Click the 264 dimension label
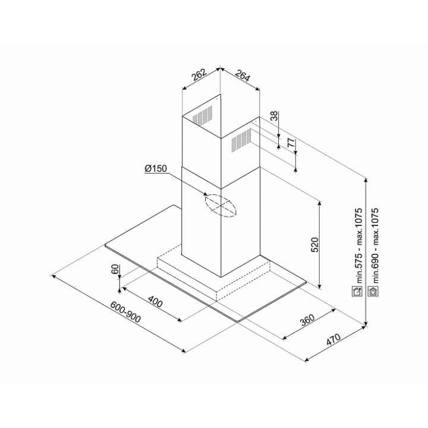(243, 75)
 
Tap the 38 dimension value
(274, 116)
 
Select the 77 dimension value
(291, 143)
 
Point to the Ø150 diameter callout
(156, 168)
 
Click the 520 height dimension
(314, 245)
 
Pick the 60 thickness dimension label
(115, 269)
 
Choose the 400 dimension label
(155, 301)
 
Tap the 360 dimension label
(308, 320)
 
